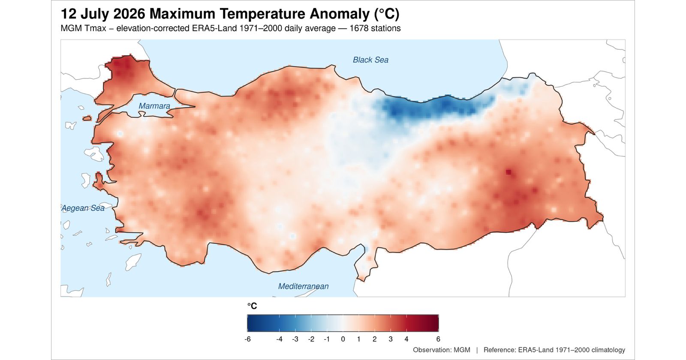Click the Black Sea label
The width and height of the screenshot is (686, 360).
(370, 60)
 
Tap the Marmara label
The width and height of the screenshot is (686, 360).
(154, 106)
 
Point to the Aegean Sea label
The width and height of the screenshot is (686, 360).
(83, 208)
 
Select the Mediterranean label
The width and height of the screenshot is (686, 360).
(303, 286)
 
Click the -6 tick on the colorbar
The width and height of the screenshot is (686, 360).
(248, 339)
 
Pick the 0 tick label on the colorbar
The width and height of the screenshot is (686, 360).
(343, 339)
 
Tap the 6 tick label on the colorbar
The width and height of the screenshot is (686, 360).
(438, 339)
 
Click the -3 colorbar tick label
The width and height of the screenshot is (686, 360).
(295, 339)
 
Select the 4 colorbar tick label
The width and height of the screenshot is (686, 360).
(406, 339)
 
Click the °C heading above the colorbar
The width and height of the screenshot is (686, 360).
(252, 306)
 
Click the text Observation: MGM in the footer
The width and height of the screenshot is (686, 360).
(441, 350)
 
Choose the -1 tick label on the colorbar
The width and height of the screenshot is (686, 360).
(327, 339)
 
